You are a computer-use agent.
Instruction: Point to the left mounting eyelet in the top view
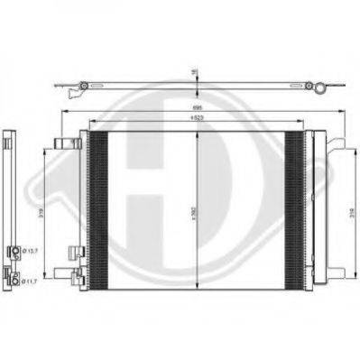(83, 87)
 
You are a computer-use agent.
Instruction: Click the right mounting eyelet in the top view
(315, 88)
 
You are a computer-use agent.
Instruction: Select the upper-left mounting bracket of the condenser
(66, 144)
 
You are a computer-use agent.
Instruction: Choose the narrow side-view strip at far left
(10, 208)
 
